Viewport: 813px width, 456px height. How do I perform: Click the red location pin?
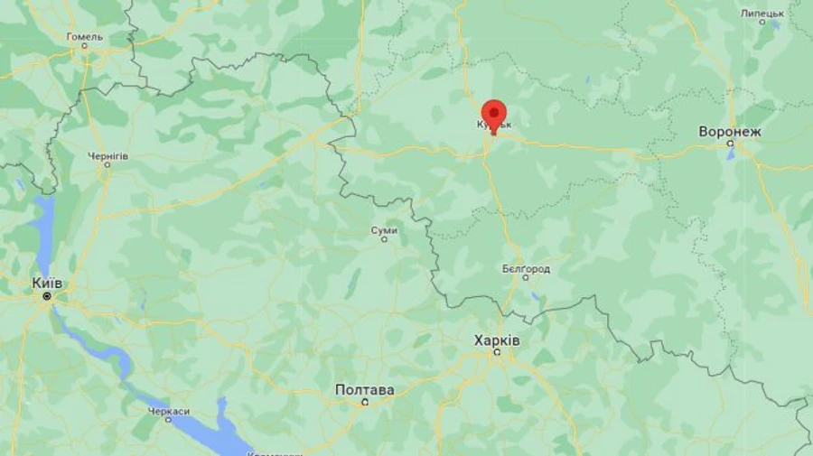click(x=493, y=115)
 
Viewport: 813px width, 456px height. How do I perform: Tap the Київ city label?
click(x=47, y=283)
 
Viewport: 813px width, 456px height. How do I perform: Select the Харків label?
click(x=497, y=340)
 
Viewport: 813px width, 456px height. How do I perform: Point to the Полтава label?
click(x=364, y=390)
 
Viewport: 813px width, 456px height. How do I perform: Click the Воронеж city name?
click(x=730, y=132)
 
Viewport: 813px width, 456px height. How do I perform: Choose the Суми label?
click(x=384, y=231)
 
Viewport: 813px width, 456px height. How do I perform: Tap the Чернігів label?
click(x=107, y=155)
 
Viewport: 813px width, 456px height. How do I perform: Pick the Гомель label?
click(x=85, y=37)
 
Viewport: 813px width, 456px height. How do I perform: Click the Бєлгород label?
click(x=526, y=269)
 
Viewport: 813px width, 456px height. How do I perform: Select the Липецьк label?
click(x=762, y=14)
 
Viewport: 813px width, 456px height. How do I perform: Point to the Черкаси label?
click(x=169, y=412)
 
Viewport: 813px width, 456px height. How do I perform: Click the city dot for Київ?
click(x=47, y=295)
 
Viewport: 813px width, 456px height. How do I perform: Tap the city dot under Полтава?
click(x=365, y=402)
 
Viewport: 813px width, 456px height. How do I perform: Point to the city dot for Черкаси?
click(x=168, y=421)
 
